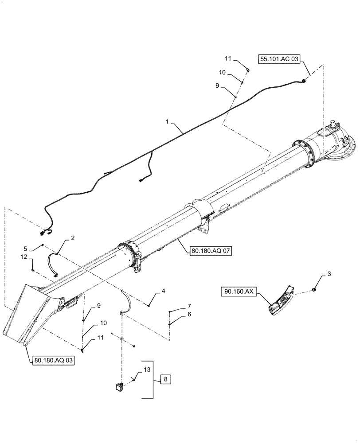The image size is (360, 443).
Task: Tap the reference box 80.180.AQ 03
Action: point(53,361)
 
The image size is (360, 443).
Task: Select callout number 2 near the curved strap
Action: point(73,238)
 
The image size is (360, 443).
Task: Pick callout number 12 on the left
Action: point(24,257)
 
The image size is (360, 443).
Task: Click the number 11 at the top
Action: point(227,58)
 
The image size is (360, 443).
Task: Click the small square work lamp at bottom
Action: point(119,386)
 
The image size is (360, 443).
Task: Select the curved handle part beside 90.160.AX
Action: point(281,301)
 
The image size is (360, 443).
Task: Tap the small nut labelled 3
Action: point(314,290)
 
